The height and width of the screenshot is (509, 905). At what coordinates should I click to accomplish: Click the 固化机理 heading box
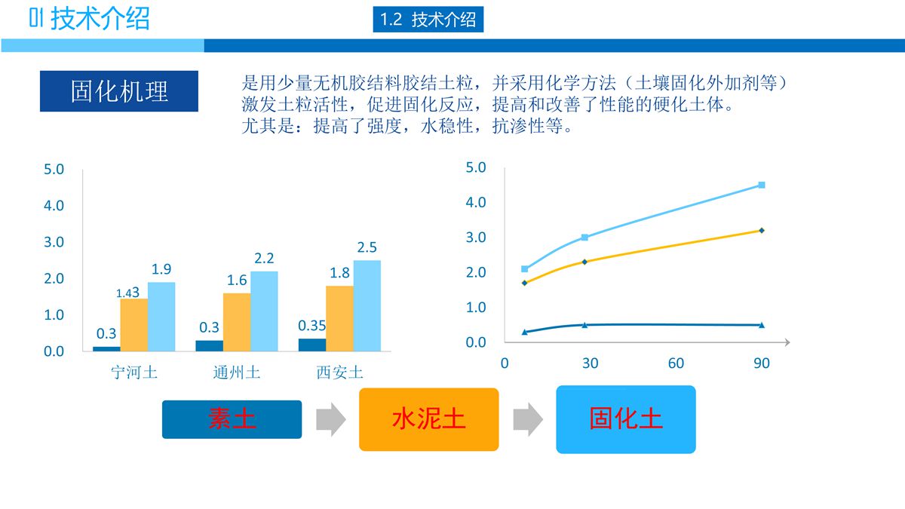coord(119,91)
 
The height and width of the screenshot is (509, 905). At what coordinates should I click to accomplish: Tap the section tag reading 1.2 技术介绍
coord(428,20)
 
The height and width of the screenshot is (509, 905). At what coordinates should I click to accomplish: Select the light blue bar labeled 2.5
coord(367,305)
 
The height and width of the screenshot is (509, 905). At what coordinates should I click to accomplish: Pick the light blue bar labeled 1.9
coord(161,317)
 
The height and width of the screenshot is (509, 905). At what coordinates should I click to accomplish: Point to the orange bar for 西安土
coord(339,318)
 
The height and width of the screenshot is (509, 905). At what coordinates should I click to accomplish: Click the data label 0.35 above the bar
coord(312,326)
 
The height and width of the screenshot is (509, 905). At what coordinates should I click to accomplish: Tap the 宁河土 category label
coord(134,372)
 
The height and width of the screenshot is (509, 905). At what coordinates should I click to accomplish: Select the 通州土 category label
coord(237,372)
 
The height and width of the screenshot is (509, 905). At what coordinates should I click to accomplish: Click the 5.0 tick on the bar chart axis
coord(54,169)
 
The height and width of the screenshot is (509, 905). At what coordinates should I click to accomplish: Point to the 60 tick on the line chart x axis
coord(676,363)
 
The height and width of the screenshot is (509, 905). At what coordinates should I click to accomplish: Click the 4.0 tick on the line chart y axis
coord(476,202)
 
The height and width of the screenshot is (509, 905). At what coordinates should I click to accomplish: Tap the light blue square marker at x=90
coord(762,185)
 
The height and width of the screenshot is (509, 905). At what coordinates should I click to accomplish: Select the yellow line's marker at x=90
coord(762,230)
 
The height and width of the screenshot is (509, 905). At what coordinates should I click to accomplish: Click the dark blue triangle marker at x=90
coord(762,325)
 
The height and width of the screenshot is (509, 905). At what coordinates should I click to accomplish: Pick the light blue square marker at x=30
coord(584,238)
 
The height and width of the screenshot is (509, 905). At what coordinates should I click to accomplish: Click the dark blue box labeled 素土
coord(232,419)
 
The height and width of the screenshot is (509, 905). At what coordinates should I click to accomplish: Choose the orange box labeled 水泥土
coord(428,419)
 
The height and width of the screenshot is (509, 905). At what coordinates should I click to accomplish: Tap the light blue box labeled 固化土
coord(626,419)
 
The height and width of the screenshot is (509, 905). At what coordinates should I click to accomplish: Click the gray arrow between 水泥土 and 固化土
coord(527,419)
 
